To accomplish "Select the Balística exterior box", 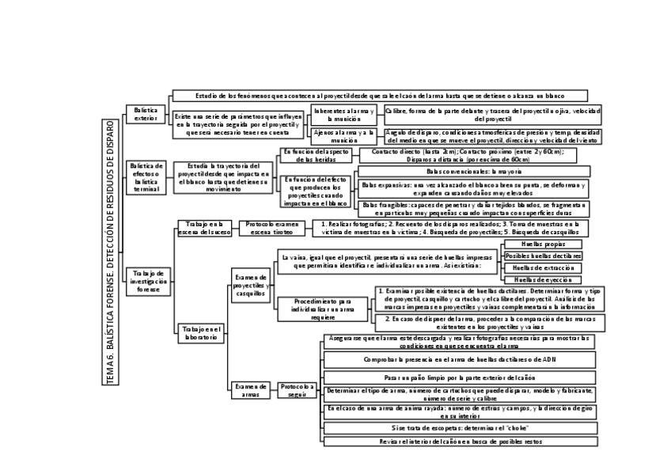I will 146,114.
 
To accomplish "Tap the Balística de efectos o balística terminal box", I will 146,177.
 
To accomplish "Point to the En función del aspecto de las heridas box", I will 316,154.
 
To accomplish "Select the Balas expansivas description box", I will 472,188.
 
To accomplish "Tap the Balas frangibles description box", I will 472,209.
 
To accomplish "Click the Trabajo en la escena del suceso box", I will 204,228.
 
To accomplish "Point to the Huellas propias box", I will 543,245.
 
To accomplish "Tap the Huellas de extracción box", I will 543,268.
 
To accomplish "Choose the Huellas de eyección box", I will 543,280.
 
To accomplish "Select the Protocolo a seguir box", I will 298,390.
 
